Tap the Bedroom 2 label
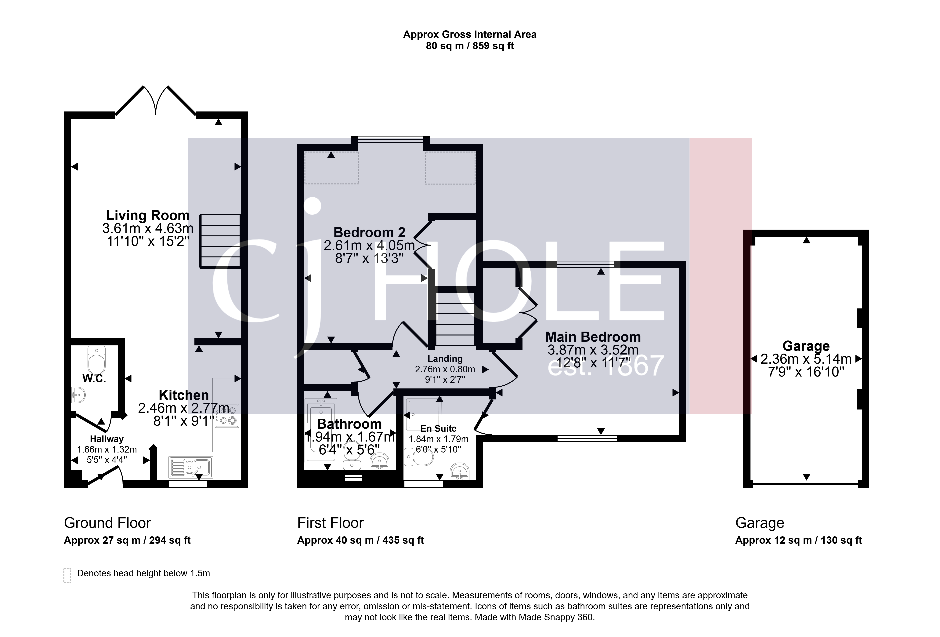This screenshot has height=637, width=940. click(369, 232)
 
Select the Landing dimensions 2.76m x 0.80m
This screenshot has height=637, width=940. click(445, 369)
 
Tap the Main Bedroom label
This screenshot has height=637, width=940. click(593, 337)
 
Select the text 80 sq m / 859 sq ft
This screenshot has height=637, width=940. click(470, 46)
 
